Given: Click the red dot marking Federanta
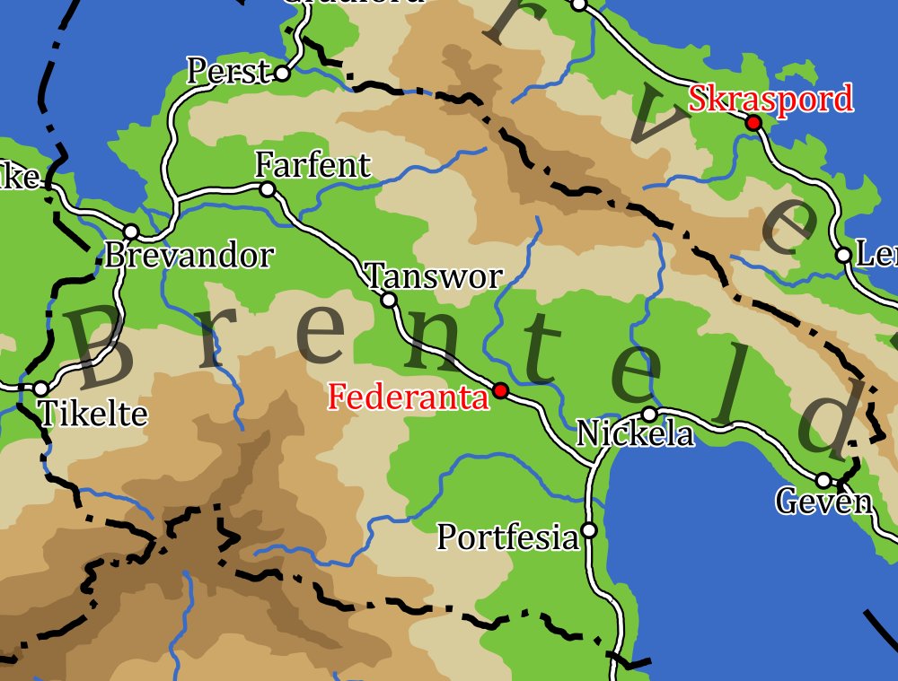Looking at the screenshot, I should pos(501,390).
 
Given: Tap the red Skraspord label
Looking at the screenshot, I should pos(770,99).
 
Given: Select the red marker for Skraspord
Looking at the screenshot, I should pos(753,122).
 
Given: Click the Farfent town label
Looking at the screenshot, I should pos(313,165).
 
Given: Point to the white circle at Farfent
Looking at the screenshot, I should pos(267,189).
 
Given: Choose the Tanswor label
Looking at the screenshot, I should pos(434,275).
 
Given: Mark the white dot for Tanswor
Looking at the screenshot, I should pos(389,300).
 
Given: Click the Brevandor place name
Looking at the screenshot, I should pos(189,256).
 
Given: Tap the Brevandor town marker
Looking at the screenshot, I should pos(131,231).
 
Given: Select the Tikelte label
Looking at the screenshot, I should pos(93,414).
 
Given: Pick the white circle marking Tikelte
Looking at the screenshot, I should pos(40,389).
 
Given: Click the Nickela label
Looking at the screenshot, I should pos(635,434).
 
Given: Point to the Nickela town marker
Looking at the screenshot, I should pos(649,414).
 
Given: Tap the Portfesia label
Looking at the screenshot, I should pos(507,537).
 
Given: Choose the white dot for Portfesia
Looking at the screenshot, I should pos(589,530).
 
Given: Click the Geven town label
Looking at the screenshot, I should pos(823,502).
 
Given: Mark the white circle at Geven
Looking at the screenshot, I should pos(823,480).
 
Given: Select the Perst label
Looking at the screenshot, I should pos(228,71).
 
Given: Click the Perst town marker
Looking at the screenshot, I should pos(282,74).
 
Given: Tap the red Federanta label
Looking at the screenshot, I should pos(409,397).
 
